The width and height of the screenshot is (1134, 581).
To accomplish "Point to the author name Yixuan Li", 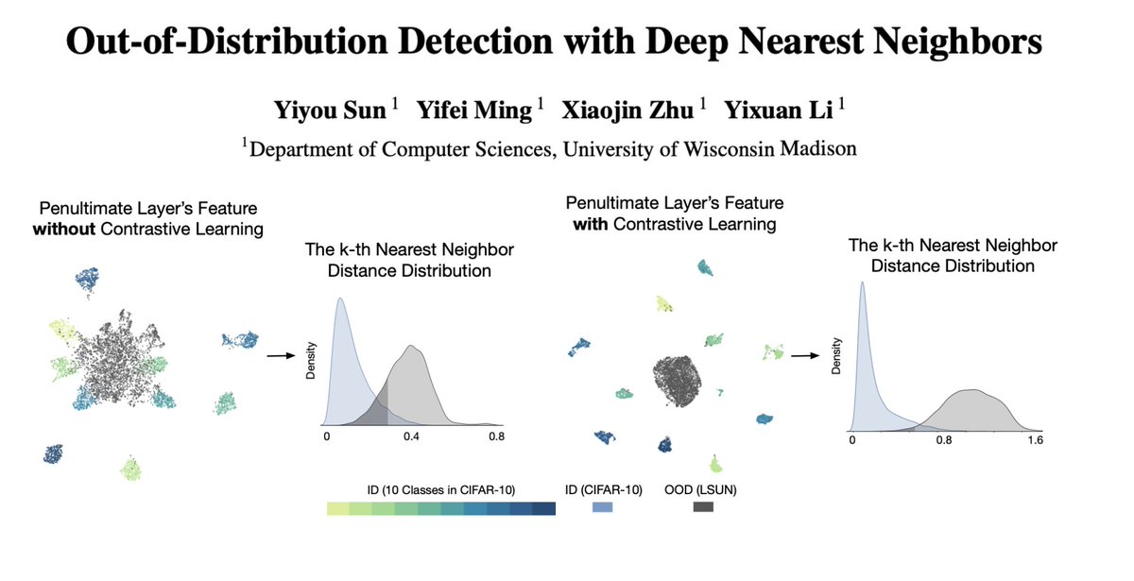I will pos(779,110).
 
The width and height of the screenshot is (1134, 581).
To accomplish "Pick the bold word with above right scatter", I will pos(584,224).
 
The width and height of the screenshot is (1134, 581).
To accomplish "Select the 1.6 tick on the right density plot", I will pos(1034,439).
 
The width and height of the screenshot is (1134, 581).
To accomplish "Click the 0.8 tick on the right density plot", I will pos(942,439).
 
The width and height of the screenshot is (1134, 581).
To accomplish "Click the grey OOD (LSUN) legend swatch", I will pos(702,508).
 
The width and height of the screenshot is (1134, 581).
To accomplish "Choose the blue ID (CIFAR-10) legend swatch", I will pos(602,508).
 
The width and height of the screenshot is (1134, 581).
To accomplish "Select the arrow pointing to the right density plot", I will pos(804,356).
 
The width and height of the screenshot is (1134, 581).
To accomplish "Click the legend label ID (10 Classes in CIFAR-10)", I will pos(440,488).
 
